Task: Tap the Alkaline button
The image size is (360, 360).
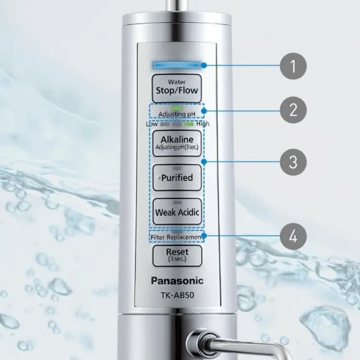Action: click(177, 143)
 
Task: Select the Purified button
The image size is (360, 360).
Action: click(177, 177)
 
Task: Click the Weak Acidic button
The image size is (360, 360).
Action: click(177, 211)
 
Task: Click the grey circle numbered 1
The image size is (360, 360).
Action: click(293, 66)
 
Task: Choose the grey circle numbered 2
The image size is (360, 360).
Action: click(293, 110)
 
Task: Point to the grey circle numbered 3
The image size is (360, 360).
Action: click(293, 162)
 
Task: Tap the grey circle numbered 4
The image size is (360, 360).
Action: click(293, 236)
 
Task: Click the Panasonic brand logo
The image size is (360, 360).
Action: click(177, 281)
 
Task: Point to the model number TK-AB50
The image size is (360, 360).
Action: click(177, 295)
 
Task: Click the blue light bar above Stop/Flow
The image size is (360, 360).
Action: click(176, 65)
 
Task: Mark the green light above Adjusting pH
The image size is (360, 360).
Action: click(177, 108)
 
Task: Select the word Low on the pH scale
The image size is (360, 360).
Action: click(152, 124)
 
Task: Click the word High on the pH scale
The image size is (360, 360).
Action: click(203, 124)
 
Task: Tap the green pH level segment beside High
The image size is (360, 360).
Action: click(189, 124)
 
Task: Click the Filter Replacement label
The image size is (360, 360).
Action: click(177, 238)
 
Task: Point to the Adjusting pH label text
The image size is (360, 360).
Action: click(177, 114)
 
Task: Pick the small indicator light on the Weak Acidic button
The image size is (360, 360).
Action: click(177, 203)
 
